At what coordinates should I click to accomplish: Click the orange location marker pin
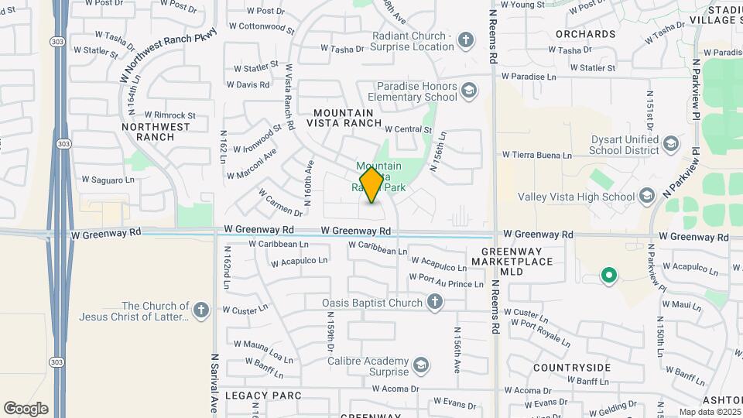371,184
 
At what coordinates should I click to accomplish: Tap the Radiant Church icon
465,40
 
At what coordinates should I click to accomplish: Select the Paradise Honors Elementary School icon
468,91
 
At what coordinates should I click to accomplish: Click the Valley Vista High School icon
647,197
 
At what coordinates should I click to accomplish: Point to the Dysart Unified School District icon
670,144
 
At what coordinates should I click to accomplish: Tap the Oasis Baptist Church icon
435,303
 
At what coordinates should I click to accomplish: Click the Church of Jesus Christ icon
200,311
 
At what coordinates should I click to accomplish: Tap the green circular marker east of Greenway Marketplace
609,274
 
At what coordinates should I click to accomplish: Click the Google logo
26,409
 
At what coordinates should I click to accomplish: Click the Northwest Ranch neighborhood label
156,132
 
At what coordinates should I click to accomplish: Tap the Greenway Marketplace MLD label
518,262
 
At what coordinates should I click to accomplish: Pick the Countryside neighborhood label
571,368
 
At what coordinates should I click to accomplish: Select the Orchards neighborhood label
585,34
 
